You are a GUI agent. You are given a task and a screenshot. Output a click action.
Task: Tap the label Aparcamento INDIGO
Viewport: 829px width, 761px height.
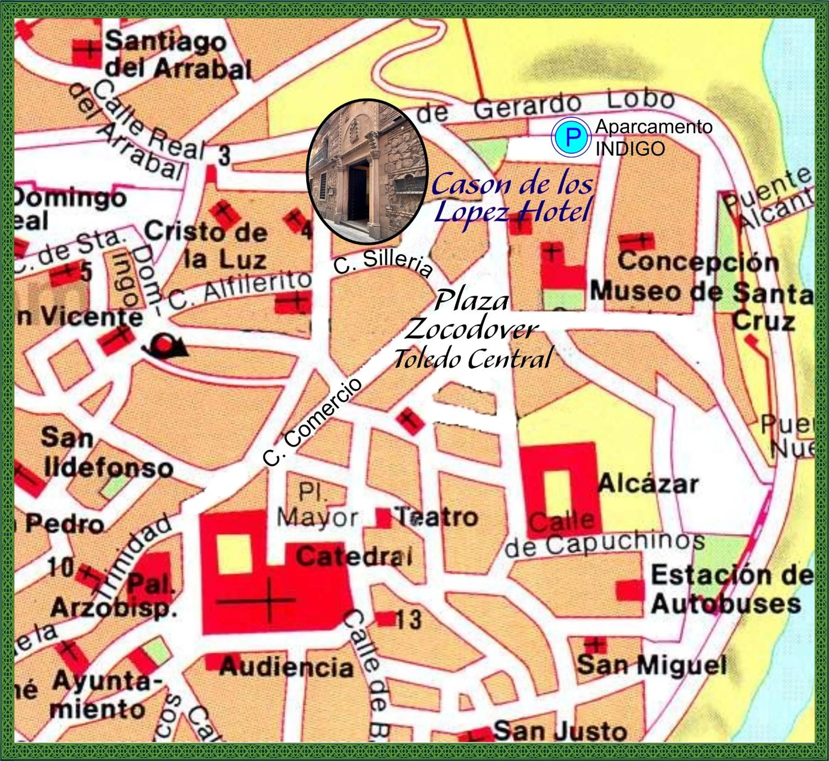tap(653, 137)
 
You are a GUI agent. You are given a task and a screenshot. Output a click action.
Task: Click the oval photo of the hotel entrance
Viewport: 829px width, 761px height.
tap(367, 171)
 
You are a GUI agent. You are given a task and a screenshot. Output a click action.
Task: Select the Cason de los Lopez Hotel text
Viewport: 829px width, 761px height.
tap(512, 197)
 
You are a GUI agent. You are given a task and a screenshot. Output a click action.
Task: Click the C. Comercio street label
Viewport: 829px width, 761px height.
tap(313, 422)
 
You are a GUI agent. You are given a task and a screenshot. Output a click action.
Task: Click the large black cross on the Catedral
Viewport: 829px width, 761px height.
tap(269, 600)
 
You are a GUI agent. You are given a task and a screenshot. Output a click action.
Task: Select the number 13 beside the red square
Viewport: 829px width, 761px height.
tap(409, 619)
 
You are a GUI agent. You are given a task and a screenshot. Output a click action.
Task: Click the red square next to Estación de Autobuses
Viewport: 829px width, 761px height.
tap(630, 590)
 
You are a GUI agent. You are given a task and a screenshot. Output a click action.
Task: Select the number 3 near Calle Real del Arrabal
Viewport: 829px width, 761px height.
tap(224, 156)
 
